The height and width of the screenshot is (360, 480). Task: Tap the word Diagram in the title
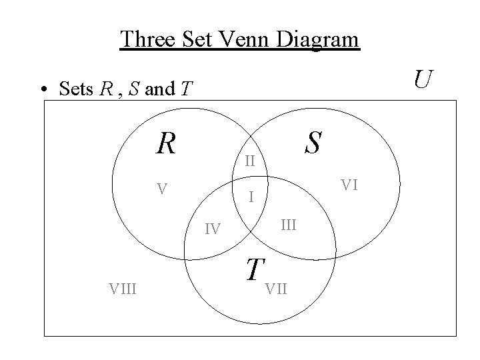(x=320, y=40)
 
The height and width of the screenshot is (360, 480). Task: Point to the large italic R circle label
(x=165, y=141)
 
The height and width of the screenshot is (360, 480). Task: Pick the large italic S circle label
(x=312, y=141)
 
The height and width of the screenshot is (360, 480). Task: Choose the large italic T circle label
(x=253, y=269)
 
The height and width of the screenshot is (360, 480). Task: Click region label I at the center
(x=250, y=197)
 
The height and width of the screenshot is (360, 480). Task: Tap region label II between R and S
(x=250, y=161)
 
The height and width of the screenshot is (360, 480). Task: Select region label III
(x=287, y=225)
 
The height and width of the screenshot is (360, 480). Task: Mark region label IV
(x=213, y=230)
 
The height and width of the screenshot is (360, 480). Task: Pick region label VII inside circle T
(x=276, y=289)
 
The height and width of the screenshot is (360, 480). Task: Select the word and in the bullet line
(x=159, y=89)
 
